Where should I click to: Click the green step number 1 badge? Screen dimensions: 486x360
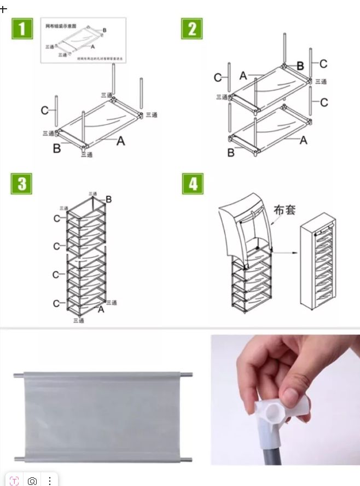coord(21,28)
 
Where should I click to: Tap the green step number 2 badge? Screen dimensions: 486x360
coord(191,28)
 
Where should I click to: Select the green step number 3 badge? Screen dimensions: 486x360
coord(21,184)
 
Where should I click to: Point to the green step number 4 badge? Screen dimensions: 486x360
coord(193,184)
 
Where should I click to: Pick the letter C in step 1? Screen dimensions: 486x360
coord(44,111)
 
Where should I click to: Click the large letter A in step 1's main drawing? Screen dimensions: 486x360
coord(120,141)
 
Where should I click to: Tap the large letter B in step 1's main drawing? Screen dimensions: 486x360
coord(56,148)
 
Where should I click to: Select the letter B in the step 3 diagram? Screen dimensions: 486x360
coord(108,200)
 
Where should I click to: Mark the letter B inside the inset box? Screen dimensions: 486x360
coord(104,30)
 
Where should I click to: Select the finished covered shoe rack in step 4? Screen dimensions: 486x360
coord(321,268)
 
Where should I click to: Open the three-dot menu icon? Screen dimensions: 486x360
coord(50,481)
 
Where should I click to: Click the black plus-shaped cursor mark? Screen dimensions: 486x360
coord(4,9)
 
